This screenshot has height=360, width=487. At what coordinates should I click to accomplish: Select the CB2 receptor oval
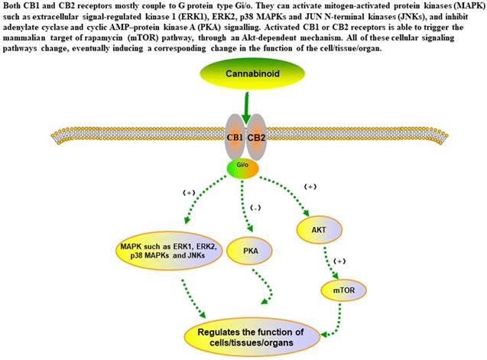coord(256,138)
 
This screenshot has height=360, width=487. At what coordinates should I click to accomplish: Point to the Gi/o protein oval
coord(242,167)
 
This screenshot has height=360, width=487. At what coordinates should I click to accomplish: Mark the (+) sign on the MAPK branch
coord(189,193)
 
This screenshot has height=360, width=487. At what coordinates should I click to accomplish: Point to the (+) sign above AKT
coord(311,186)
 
